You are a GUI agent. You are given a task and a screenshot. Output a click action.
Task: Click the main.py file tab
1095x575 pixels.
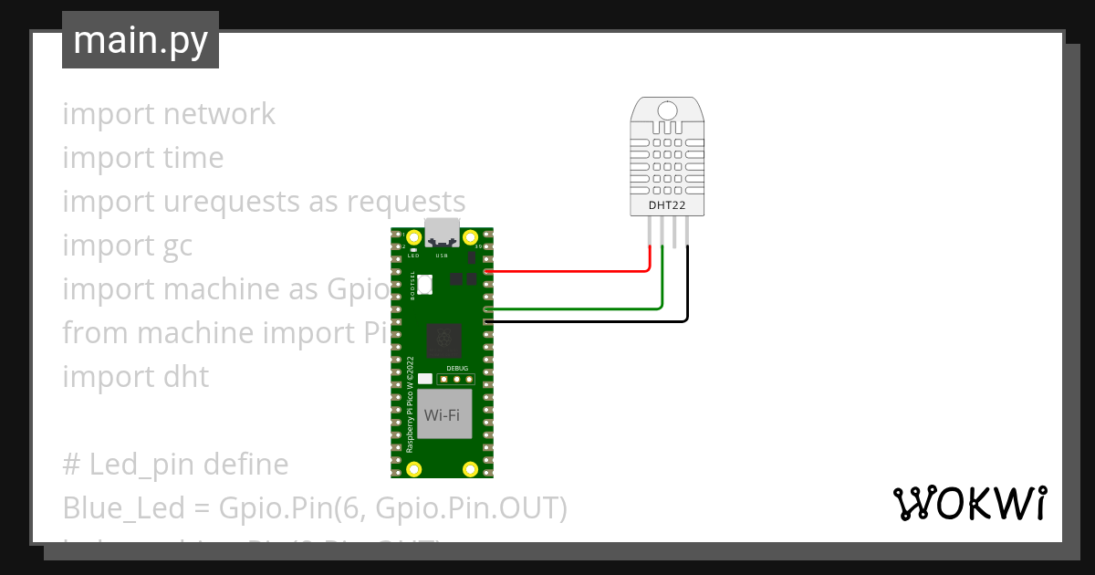coord(141,40)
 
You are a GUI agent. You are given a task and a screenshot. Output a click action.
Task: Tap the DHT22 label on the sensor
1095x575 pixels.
coord(667,206)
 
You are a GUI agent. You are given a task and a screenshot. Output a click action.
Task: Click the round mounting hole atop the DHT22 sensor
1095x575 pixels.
coord(667,110)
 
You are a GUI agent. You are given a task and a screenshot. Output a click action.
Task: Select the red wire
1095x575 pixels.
coord(566,271)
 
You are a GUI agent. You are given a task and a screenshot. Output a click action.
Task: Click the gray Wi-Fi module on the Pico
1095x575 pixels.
coord(442,416)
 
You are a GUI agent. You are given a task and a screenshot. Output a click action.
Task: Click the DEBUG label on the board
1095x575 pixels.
coord(456,367)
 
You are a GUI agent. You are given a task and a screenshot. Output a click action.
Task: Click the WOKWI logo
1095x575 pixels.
coord(969,504)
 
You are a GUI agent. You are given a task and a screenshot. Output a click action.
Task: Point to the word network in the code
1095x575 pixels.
coord(219,114)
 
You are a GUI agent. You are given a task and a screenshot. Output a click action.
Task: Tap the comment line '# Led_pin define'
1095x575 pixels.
coord(175,465)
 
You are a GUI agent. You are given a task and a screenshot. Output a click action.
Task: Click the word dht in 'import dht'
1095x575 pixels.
coord(186,377)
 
